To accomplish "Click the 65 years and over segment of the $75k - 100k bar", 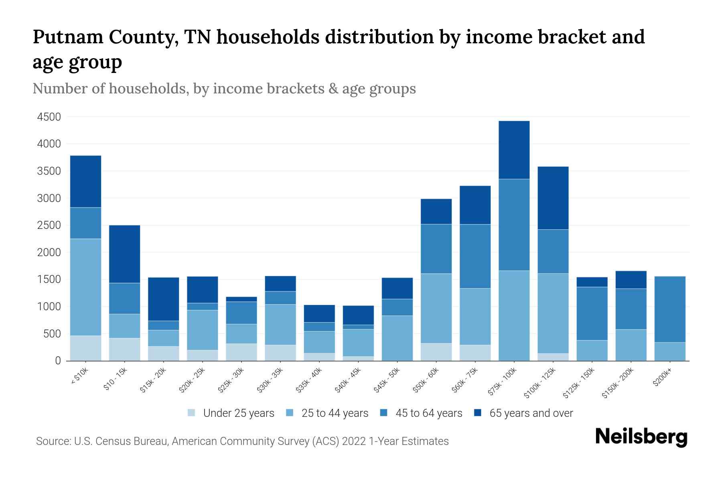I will click(514, 150).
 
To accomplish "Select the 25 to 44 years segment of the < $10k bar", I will click(85, 287).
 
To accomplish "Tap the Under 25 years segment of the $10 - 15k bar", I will click(124, 349).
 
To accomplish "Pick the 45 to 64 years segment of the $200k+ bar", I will click(669, 309).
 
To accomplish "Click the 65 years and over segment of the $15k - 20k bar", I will click(163, 299).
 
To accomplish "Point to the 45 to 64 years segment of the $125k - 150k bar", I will click(592, 313).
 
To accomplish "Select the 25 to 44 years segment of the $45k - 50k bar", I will click(397, 338).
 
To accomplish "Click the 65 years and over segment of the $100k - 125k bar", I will click(553, 198).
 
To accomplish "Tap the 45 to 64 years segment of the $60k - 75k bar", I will click(475, 256).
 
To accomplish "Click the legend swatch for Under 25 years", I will click(192, 413).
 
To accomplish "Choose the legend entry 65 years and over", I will click(531, 413).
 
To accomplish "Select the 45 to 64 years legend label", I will click(428, 413).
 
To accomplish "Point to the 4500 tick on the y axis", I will click(49, 117).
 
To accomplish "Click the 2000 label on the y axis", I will click(49, 253).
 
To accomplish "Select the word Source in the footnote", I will click(53, 441).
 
